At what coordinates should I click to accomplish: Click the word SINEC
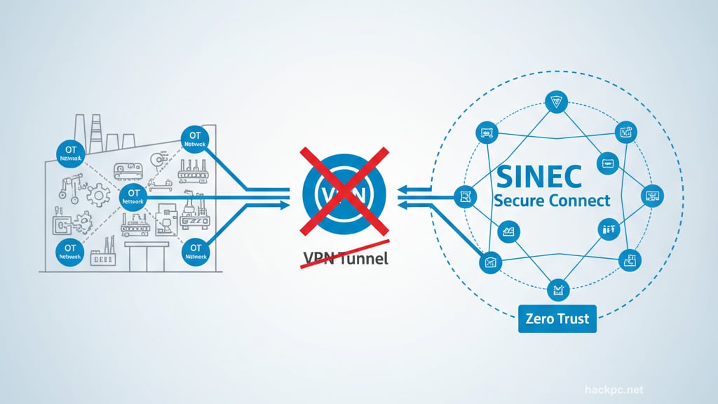click(538, 176)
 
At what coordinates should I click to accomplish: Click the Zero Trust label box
click(557, 319)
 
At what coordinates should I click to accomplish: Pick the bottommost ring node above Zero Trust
click(559, 288)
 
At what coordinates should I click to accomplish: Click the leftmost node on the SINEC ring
click(463, 198)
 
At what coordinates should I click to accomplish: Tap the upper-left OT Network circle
click(69, 153)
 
